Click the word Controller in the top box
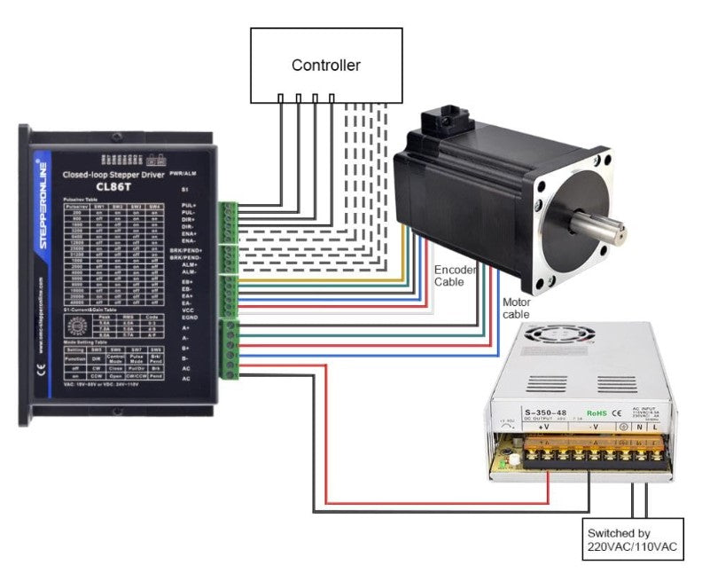(x=326, y=66)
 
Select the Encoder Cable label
(x=455, y=275)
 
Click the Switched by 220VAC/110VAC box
(x=632, y=541)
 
